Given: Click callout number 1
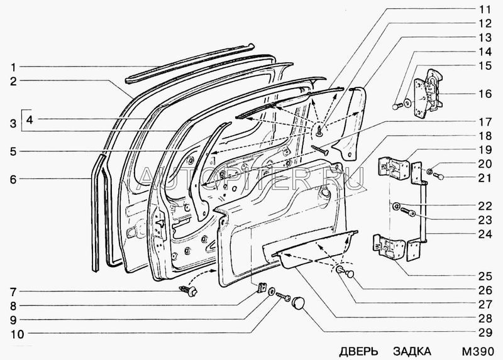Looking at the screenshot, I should [x=13, y=67].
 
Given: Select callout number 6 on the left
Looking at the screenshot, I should [x=13, y=179].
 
